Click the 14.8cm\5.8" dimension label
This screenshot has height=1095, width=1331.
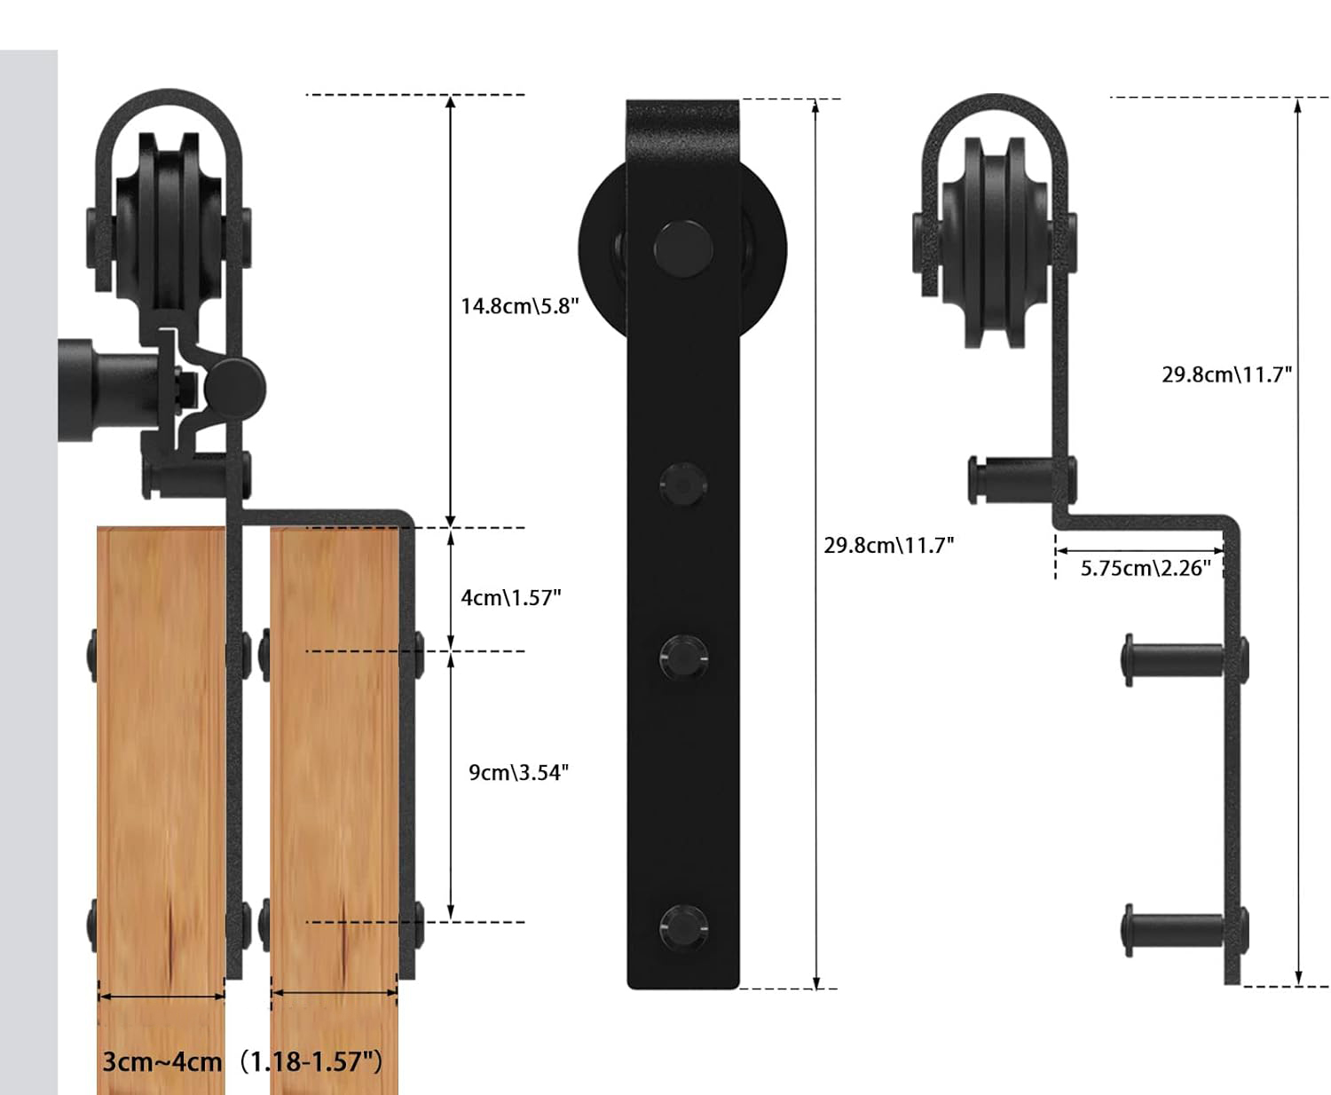pos(519,306)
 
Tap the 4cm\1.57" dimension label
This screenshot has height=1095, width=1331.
pos(510,598)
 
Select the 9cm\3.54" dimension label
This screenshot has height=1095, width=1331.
pos(518,773)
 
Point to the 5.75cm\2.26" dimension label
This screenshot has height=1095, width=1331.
pos(1146,568)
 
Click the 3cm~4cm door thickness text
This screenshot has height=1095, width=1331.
pos(162,1062)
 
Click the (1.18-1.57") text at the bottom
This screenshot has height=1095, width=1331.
pos(311,1062)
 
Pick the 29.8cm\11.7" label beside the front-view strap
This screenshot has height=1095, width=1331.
pos(888,546)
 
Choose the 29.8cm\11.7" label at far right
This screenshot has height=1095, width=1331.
pos(1227,374)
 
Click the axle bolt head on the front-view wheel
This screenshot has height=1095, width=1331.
pos(683,248)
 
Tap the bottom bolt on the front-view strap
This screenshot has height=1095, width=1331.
pos(683,927)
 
